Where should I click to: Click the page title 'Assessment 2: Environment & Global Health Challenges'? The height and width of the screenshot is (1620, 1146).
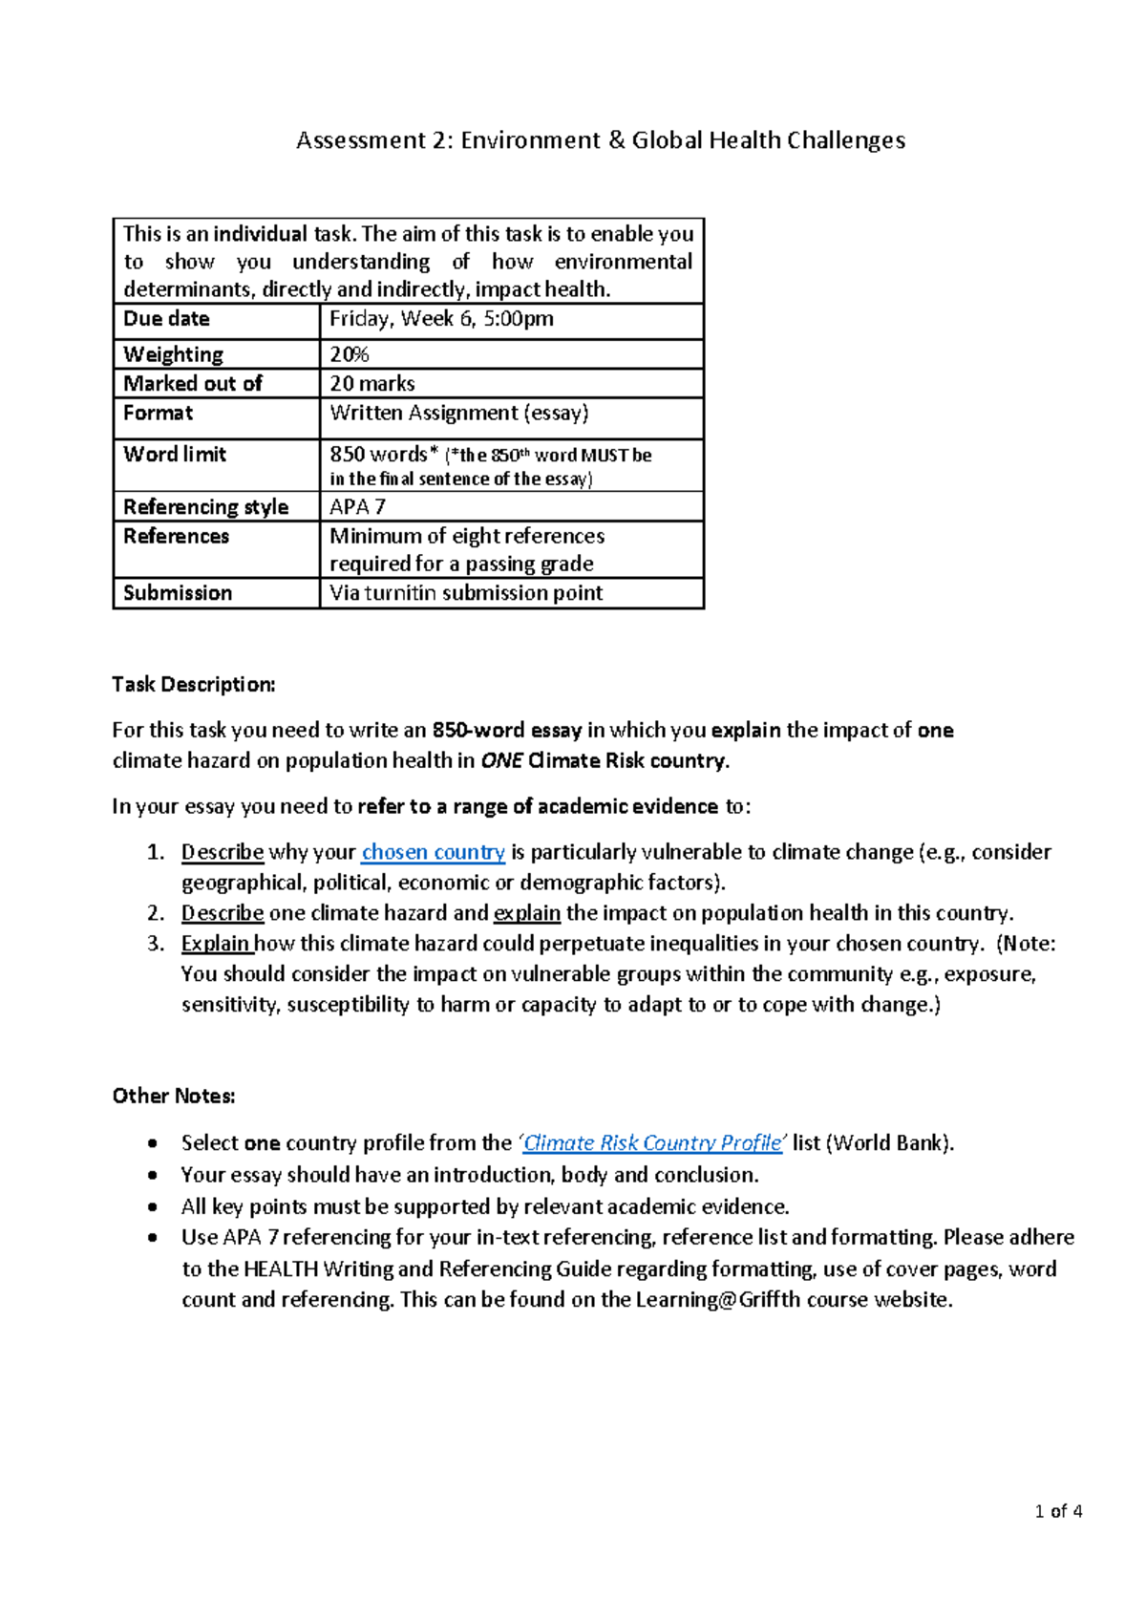[x=601, y=140]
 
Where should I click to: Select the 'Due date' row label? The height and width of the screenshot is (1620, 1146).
[x=166, y=319]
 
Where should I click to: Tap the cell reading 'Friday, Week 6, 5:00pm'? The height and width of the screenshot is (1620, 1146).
[x=441, y=319]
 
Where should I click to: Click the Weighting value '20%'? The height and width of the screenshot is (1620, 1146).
[x=350, y=354]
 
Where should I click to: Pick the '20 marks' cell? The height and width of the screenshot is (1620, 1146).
[x=372, y=384]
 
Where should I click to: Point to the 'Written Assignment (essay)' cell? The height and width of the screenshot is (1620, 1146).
[x=459, y=414]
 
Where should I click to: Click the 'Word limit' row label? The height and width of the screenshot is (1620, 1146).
[x=175, y=455]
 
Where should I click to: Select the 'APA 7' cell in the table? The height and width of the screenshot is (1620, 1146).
[x=357, y=507]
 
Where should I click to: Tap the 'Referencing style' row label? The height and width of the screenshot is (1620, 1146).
[x=205, y=507]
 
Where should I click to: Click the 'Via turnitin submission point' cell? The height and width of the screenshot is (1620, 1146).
[x=466, y=593]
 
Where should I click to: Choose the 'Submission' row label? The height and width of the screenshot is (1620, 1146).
[x=178, y=593]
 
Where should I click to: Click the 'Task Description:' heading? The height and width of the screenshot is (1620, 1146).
[x=194, y=684]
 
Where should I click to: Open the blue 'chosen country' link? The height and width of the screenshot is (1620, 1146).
[x=434, y=852]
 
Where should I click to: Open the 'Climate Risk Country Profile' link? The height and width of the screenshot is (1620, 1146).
[x=653, y=1143]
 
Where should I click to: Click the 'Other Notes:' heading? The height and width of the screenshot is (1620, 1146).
[x=174, y=1096]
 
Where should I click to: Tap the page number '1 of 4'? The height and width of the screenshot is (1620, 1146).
[x=1058, y=1511]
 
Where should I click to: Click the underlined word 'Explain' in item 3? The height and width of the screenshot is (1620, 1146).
[x=216, y=944]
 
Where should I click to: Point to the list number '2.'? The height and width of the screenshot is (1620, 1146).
[x=157, y=913]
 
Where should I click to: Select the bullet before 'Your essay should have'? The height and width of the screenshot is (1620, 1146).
[x=153, y=1175]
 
